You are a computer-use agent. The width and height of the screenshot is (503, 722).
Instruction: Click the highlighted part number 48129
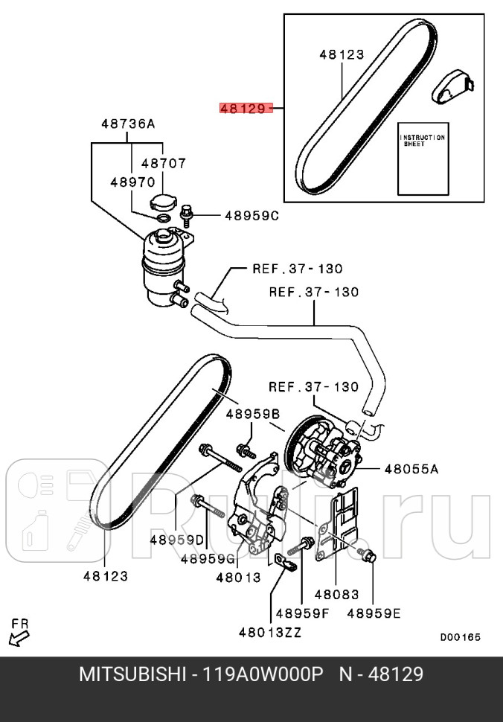coord(242,108)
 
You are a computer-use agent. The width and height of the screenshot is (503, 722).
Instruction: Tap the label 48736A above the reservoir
coord(128,124)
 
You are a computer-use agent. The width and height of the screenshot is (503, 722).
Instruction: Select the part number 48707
coord(164,163)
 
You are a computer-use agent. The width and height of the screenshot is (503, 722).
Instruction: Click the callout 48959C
coord(251,216)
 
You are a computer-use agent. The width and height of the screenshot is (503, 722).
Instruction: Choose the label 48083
coord(336,595)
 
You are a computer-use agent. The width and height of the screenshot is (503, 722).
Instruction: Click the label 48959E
coord(374,613)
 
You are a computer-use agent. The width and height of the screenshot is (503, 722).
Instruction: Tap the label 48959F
coord(302,613)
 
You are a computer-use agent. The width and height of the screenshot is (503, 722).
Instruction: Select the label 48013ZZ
coord(270,633)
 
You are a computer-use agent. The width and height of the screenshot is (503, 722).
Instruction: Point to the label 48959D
coord(176,540)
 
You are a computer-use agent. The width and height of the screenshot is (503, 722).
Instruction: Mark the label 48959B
coord(253,414)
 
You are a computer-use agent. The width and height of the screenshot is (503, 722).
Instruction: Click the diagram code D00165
coord(460,637)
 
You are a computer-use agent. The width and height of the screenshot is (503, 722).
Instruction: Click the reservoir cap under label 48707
coord(162,202)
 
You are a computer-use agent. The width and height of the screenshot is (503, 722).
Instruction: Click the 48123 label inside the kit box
coord(342,54)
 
